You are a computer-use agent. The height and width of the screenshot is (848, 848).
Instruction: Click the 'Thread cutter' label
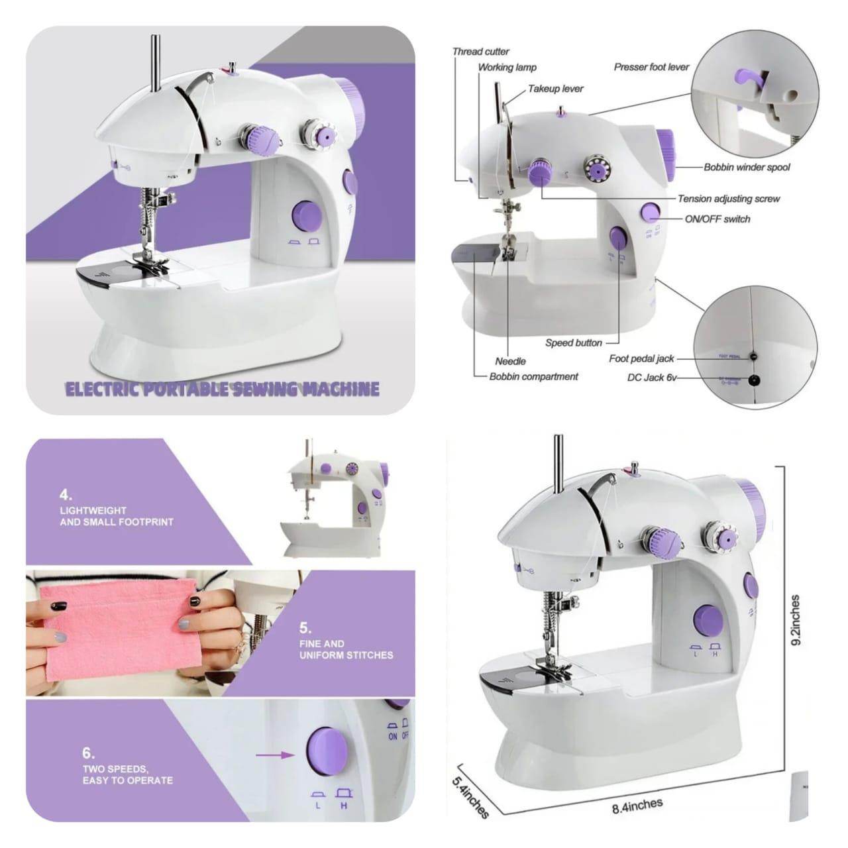[x=480, y=51]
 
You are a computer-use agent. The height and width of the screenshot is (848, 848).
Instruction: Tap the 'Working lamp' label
[x=507, y=67]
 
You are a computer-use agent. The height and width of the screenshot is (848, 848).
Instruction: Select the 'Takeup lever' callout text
[x=555, y=89]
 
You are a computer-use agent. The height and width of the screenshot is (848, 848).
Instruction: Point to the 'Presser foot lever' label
[x=651, y=67]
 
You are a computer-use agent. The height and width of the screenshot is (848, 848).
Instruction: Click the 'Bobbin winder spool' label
[x=746, y=168]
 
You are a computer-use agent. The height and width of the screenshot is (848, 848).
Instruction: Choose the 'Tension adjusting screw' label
[x=728, y=199]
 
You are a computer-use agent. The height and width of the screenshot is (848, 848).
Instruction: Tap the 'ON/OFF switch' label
[x=717, y=219]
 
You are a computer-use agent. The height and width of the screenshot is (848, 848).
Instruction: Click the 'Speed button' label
[x=573, y=343]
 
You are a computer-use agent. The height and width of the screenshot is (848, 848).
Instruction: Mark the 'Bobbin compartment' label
[x=533, y=376]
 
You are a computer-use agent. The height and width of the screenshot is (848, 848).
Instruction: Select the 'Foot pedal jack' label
[x=641, y=358]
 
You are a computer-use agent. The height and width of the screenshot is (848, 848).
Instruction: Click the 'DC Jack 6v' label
[x=651, y=378]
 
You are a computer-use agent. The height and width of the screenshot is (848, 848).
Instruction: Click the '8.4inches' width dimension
[x=637, y=806]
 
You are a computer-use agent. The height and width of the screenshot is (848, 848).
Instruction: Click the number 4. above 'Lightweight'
[x=66, y=494]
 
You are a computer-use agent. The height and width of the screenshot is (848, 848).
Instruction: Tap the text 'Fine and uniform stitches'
[x=346, y=649]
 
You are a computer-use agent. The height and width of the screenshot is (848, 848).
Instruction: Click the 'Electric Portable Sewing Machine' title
[x=222, y=389]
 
